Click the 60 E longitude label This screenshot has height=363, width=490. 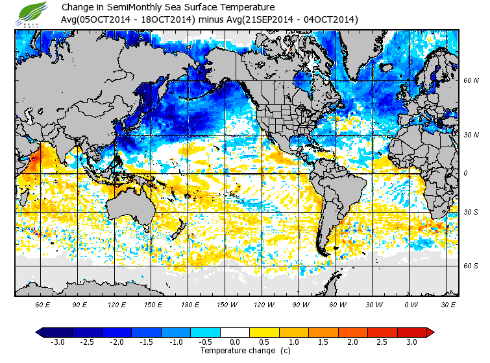click(x=43, y=304)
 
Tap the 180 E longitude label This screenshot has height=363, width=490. click(x=191, y=304)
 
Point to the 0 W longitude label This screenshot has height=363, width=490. click(x=411, y=304)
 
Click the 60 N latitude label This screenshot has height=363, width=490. click(x=471, y=81)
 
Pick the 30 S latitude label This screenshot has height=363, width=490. click(x=471, y=212)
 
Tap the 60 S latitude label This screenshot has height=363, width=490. click(x=471, y=266)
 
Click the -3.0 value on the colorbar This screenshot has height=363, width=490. click(x=57, y=342)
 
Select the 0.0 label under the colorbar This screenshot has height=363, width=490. click(x=235, y=342)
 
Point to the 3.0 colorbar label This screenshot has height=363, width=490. click(x=412, y=342)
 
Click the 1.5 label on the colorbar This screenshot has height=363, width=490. click(x=323, y=342)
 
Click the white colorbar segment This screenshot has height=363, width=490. click(x=235, y=332)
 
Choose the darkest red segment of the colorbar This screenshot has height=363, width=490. click(x=412, y=332)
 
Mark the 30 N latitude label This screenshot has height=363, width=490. click(x=471, y=135)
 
